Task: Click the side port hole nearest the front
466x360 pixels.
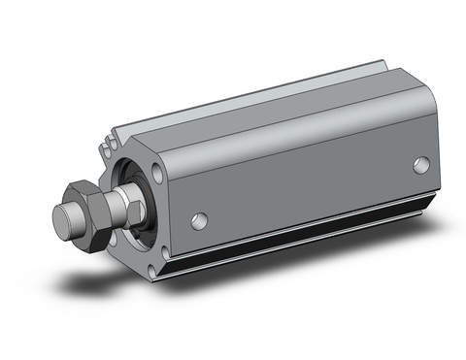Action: [x=199, y=220]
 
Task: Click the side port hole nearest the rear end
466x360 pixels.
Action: [x=420, y=165]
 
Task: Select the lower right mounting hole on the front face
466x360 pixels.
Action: [x=162, y=254]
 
